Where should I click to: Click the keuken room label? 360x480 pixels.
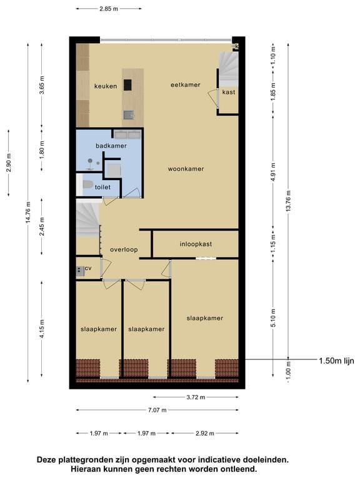pyautogui.click(x=106, y=86)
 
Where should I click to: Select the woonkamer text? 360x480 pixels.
pyautogui.click(x=186, y=169)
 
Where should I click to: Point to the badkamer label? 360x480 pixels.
pyautogui.click(x=111, y=146)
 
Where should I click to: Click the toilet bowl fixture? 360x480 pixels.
pyautogui.click(x=88, y=185)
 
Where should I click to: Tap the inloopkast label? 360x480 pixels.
pyautogui.click(x=196, y=244)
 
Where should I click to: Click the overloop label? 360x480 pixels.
pyautogui.click(x=124, y=249)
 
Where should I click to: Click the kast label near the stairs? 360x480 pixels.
pyautogui.click(x=228, y=92)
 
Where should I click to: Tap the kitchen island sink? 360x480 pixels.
pyautogui.click(x=128, y=114)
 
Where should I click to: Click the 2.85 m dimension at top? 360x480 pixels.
pyautogui.click(x=108, y=9)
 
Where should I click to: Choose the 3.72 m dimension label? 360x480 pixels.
pyautogui.click(x=196, y=396)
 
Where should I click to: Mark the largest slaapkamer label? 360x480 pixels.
pyautogui.click(x=204, y=318)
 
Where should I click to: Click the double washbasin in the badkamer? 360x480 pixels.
pyautogui.click(x=127, y=134)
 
